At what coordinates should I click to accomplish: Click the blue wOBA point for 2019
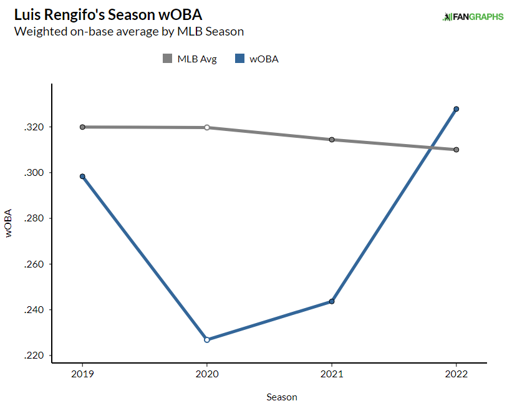point(82,176)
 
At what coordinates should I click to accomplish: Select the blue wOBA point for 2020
point(207,340)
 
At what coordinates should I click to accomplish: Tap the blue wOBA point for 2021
point(332,302)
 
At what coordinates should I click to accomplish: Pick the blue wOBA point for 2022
point(456,109)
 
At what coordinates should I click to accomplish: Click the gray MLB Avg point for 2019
point(82,127)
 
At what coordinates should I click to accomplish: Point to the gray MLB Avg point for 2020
point(207,127)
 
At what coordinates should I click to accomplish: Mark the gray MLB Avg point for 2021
point(332,140)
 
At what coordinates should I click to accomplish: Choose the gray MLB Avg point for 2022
point(456,150)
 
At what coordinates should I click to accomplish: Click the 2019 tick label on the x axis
point(82,375)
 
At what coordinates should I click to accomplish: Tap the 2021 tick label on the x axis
point(332,375)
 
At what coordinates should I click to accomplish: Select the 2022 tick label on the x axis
point(456,375)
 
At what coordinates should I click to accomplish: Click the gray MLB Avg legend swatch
point(167,59)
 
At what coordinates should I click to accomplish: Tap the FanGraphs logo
point(473,17)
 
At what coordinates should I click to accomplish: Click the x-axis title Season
point(282,397)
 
